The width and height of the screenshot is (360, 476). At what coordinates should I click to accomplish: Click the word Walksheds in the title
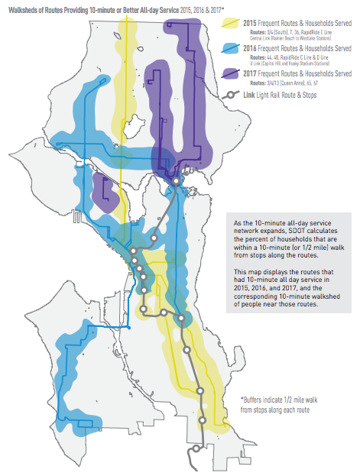[24, 6]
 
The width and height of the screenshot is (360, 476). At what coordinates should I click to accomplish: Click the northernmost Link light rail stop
[177, 181]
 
